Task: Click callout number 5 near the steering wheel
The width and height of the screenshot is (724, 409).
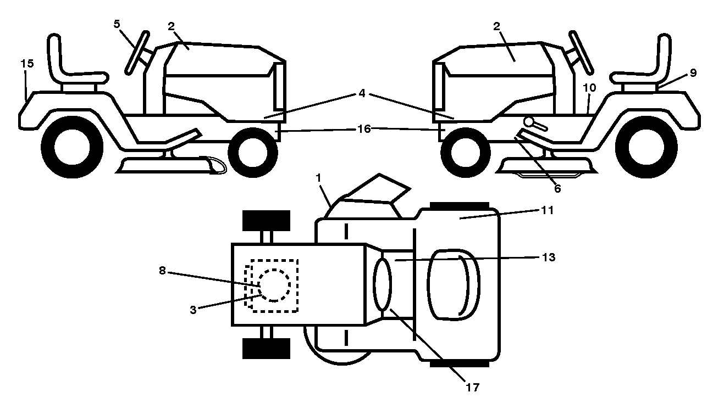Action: (x=117, y=24)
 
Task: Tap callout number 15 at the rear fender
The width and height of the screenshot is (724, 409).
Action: (x=27, y=63)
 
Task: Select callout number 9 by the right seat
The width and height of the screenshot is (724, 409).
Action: (x=693, y=73)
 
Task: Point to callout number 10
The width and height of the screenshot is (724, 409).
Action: (x=589, y=87)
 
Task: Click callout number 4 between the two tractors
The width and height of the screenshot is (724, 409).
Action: (x=362, y=93)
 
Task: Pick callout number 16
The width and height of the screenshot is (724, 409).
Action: (x=364, y=129)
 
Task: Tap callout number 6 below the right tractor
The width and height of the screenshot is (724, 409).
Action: (x=557, y=188)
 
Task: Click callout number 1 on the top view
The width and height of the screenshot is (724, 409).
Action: (x=319, y=178)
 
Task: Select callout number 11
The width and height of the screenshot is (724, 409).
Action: (x=547, y=210)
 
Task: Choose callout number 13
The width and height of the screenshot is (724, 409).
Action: (x=549, y=257)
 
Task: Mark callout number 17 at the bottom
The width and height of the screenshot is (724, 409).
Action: (x=473, y=387)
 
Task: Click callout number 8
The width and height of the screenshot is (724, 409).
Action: (x=162, y=271)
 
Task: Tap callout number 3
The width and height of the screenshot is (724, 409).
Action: (x=193, y=310)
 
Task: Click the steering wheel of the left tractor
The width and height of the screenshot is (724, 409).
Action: (x=137, y=53)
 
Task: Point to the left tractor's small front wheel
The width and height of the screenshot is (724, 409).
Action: (x=253, y=153)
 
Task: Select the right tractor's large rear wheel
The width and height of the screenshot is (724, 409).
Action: (x=646, y=147)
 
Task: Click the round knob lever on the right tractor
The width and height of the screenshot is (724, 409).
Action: (x=530, y=122)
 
